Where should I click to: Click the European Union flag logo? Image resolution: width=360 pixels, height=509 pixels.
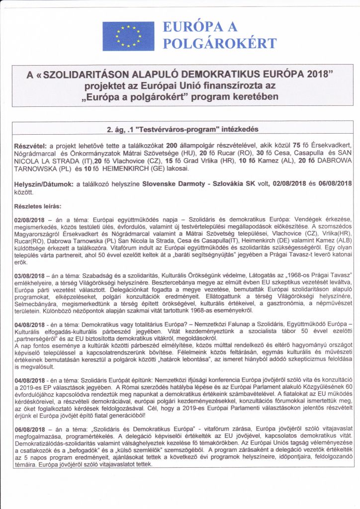pyautogui.click(x=128, y=36)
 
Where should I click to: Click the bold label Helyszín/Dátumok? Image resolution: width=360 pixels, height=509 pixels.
pyautogui.click(x=43, y=183)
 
